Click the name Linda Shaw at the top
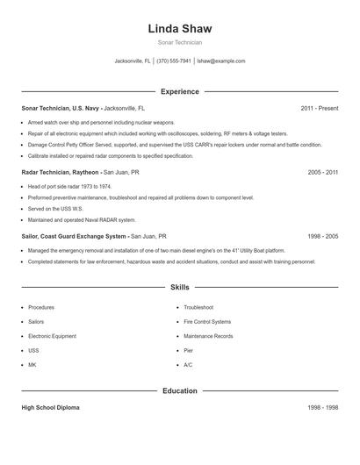coord(180,29)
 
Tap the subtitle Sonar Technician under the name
coord(180,42)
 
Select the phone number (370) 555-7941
coord(174,61)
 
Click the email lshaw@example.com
coord(221,61)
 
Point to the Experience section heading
coord(180,91)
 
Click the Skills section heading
coord(180,287)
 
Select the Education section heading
coord(180,390)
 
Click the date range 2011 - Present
coord(319,108)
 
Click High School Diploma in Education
coord(50,408)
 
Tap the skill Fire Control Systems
coord(207,322)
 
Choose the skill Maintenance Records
coord(208,336)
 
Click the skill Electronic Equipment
coord(51,336)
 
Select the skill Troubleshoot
coord(198,308)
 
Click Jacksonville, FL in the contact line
coord(133,61)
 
